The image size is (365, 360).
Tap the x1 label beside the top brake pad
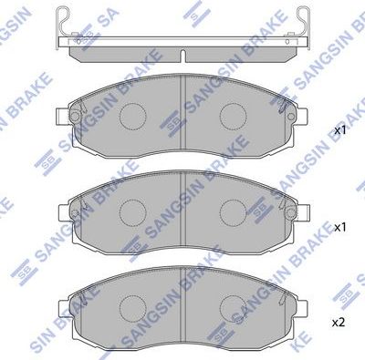(x=339, y=130)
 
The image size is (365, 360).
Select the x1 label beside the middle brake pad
(x=339, y=226)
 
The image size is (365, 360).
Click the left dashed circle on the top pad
(x=135, y=116)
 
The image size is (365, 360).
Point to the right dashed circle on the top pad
(x=234, y=116)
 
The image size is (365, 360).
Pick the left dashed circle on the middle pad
(x=135, y=211)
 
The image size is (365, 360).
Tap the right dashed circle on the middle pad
(x=234, y=211)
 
